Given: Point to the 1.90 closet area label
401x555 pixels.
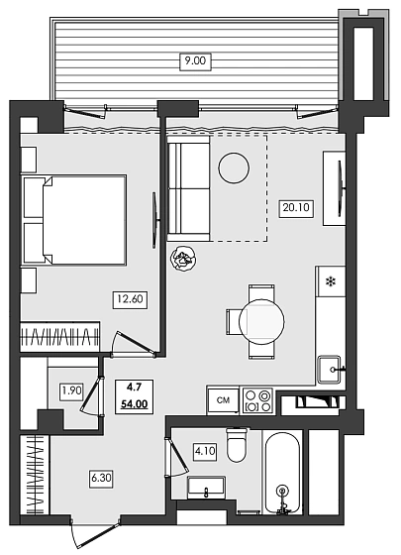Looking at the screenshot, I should pyautogui.click(x=71, y=390).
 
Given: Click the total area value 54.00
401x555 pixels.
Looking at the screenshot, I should pyautogui.click(x=135, y=405).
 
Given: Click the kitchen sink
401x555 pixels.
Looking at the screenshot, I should pyautogui.click(x=330, y=370).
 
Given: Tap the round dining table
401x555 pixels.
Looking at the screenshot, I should pyautogui.click(x=263, y=321).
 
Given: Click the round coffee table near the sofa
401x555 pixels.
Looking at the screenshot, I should pyautogui.click(x=235, y=167).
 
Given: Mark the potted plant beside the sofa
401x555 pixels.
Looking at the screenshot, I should pyautogui.click(x=183, y=259).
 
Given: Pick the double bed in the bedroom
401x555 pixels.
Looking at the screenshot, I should pyautogui.click(x=74, y=221).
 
